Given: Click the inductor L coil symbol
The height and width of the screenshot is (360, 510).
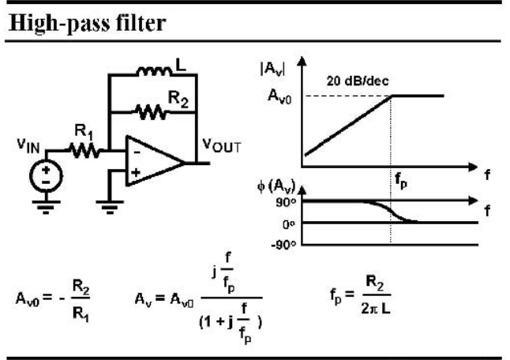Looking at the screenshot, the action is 154,71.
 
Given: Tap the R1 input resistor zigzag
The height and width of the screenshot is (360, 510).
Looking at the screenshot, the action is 85,151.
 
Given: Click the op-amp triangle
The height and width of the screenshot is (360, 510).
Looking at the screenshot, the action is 155,162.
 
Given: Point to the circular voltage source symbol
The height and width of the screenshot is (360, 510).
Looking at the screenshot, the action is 46,175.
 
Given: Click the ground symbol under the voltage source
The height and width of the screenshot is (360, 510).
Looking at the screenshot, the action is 46,207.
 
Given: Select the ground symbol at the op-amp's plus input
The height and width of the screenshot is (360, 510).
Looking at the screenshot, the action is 110,207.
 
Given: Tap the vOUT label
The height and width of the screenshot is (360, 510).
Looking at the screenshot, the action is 222,146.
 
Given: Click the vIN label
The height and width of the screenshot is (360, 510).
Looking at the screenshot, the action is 28,145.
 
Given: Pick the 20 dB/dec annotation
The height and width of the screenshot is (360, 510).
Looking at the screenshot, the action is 358,81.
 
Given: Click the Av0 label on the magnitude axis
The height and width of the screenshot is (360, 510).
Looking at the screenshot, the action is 279,96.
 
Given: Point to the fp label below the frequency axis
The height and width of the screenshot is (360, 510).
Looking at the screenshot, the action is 401,181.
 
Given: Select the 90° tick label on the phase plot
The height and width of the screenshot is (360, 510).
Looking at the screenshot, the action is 287,202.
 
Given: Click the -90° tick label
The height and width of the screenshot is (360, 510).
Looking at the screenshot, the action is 283,244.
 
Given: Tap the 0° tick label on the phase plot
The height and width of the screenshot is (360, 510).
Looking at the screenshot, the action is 289,224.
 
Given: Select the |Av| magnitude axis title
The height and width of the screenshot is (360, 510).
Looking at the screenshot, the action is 272,69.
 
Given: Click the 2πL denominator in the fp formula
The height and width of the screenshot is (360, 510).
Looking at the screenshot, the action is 376,309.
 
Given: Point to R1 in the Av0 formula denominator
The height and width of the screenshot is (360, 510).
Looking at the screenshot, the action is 81,314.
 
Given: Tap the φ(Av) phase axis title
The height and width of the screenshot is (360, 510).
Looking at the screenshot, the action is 276,186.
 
